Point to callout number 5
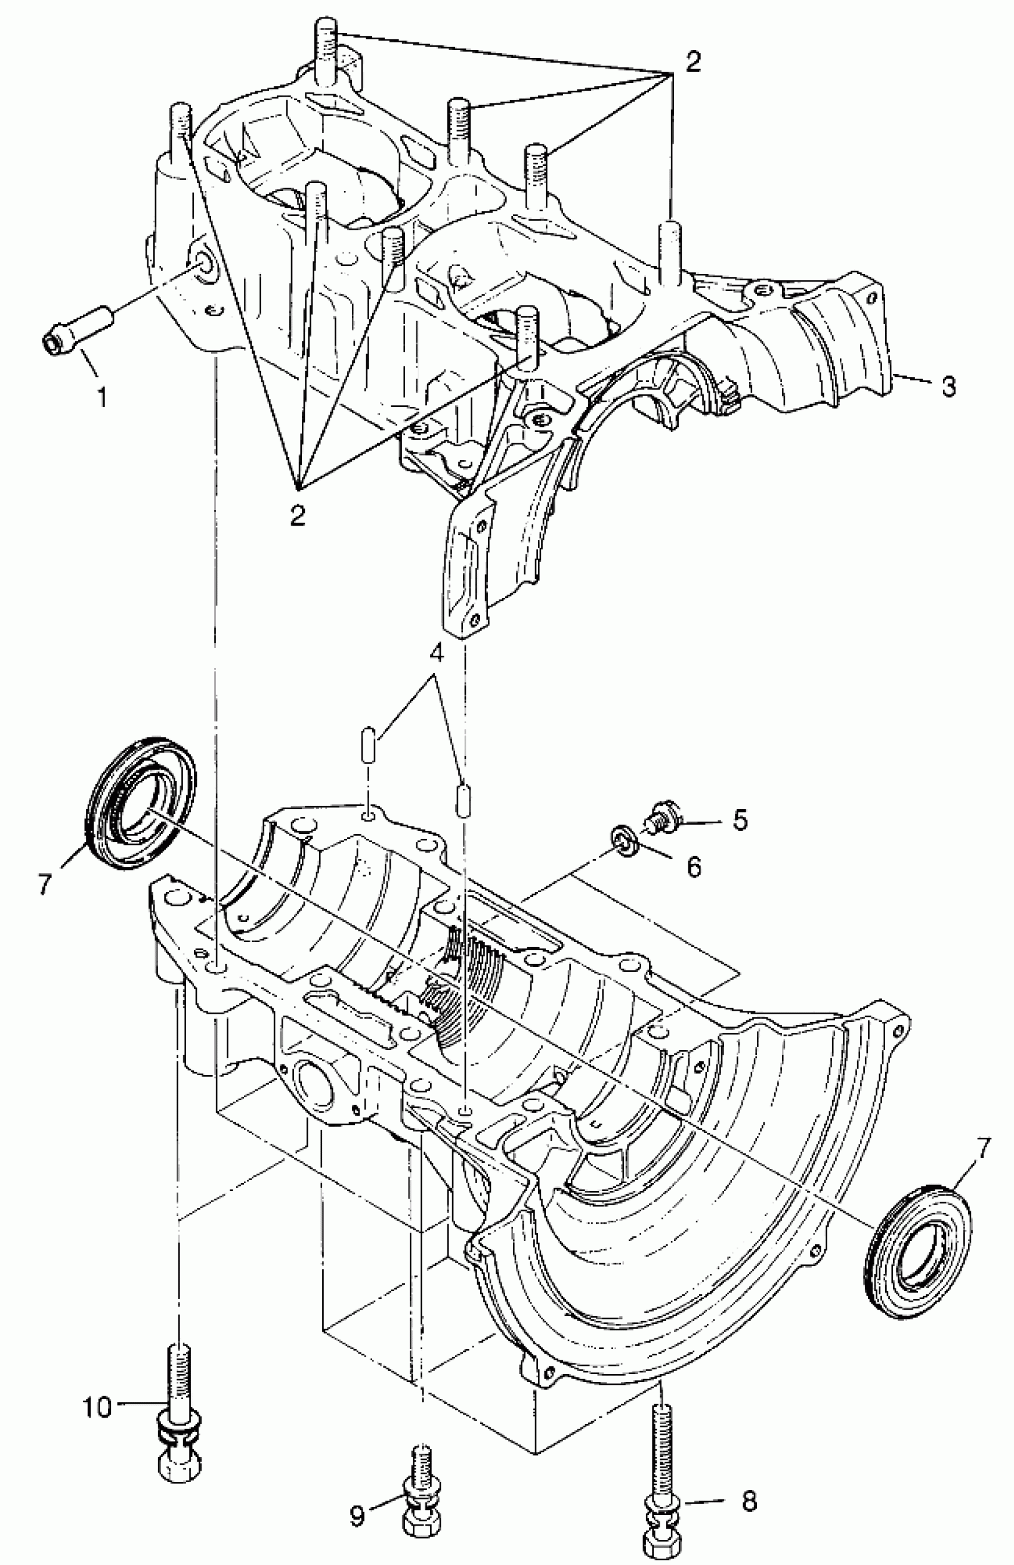pyautogui.click(x=740, y=820)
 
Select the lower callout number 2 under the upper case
pyautogui.click(x=298, y=515)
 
